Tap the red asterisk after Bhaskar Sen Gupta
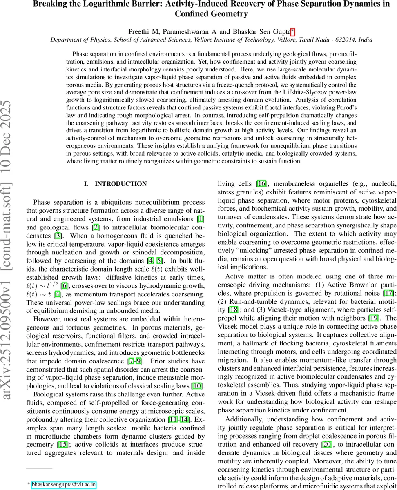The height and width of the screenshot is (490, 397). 292,31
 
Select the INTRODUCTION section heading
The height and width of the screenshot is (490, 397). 120,184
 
